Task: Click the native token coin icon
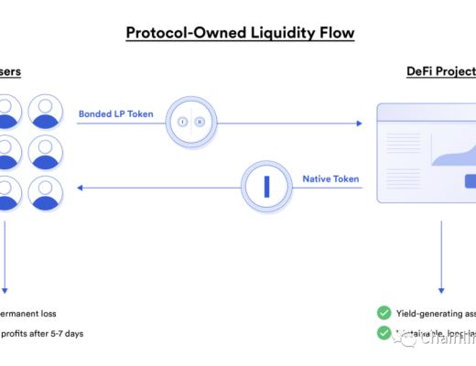[x=266, y=187]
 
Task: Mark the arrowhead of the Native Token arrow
[x=81, y=188]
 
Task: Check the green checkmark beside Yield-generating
[x=384, y=312]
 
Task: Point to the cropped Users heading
[x=10, y=71]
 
